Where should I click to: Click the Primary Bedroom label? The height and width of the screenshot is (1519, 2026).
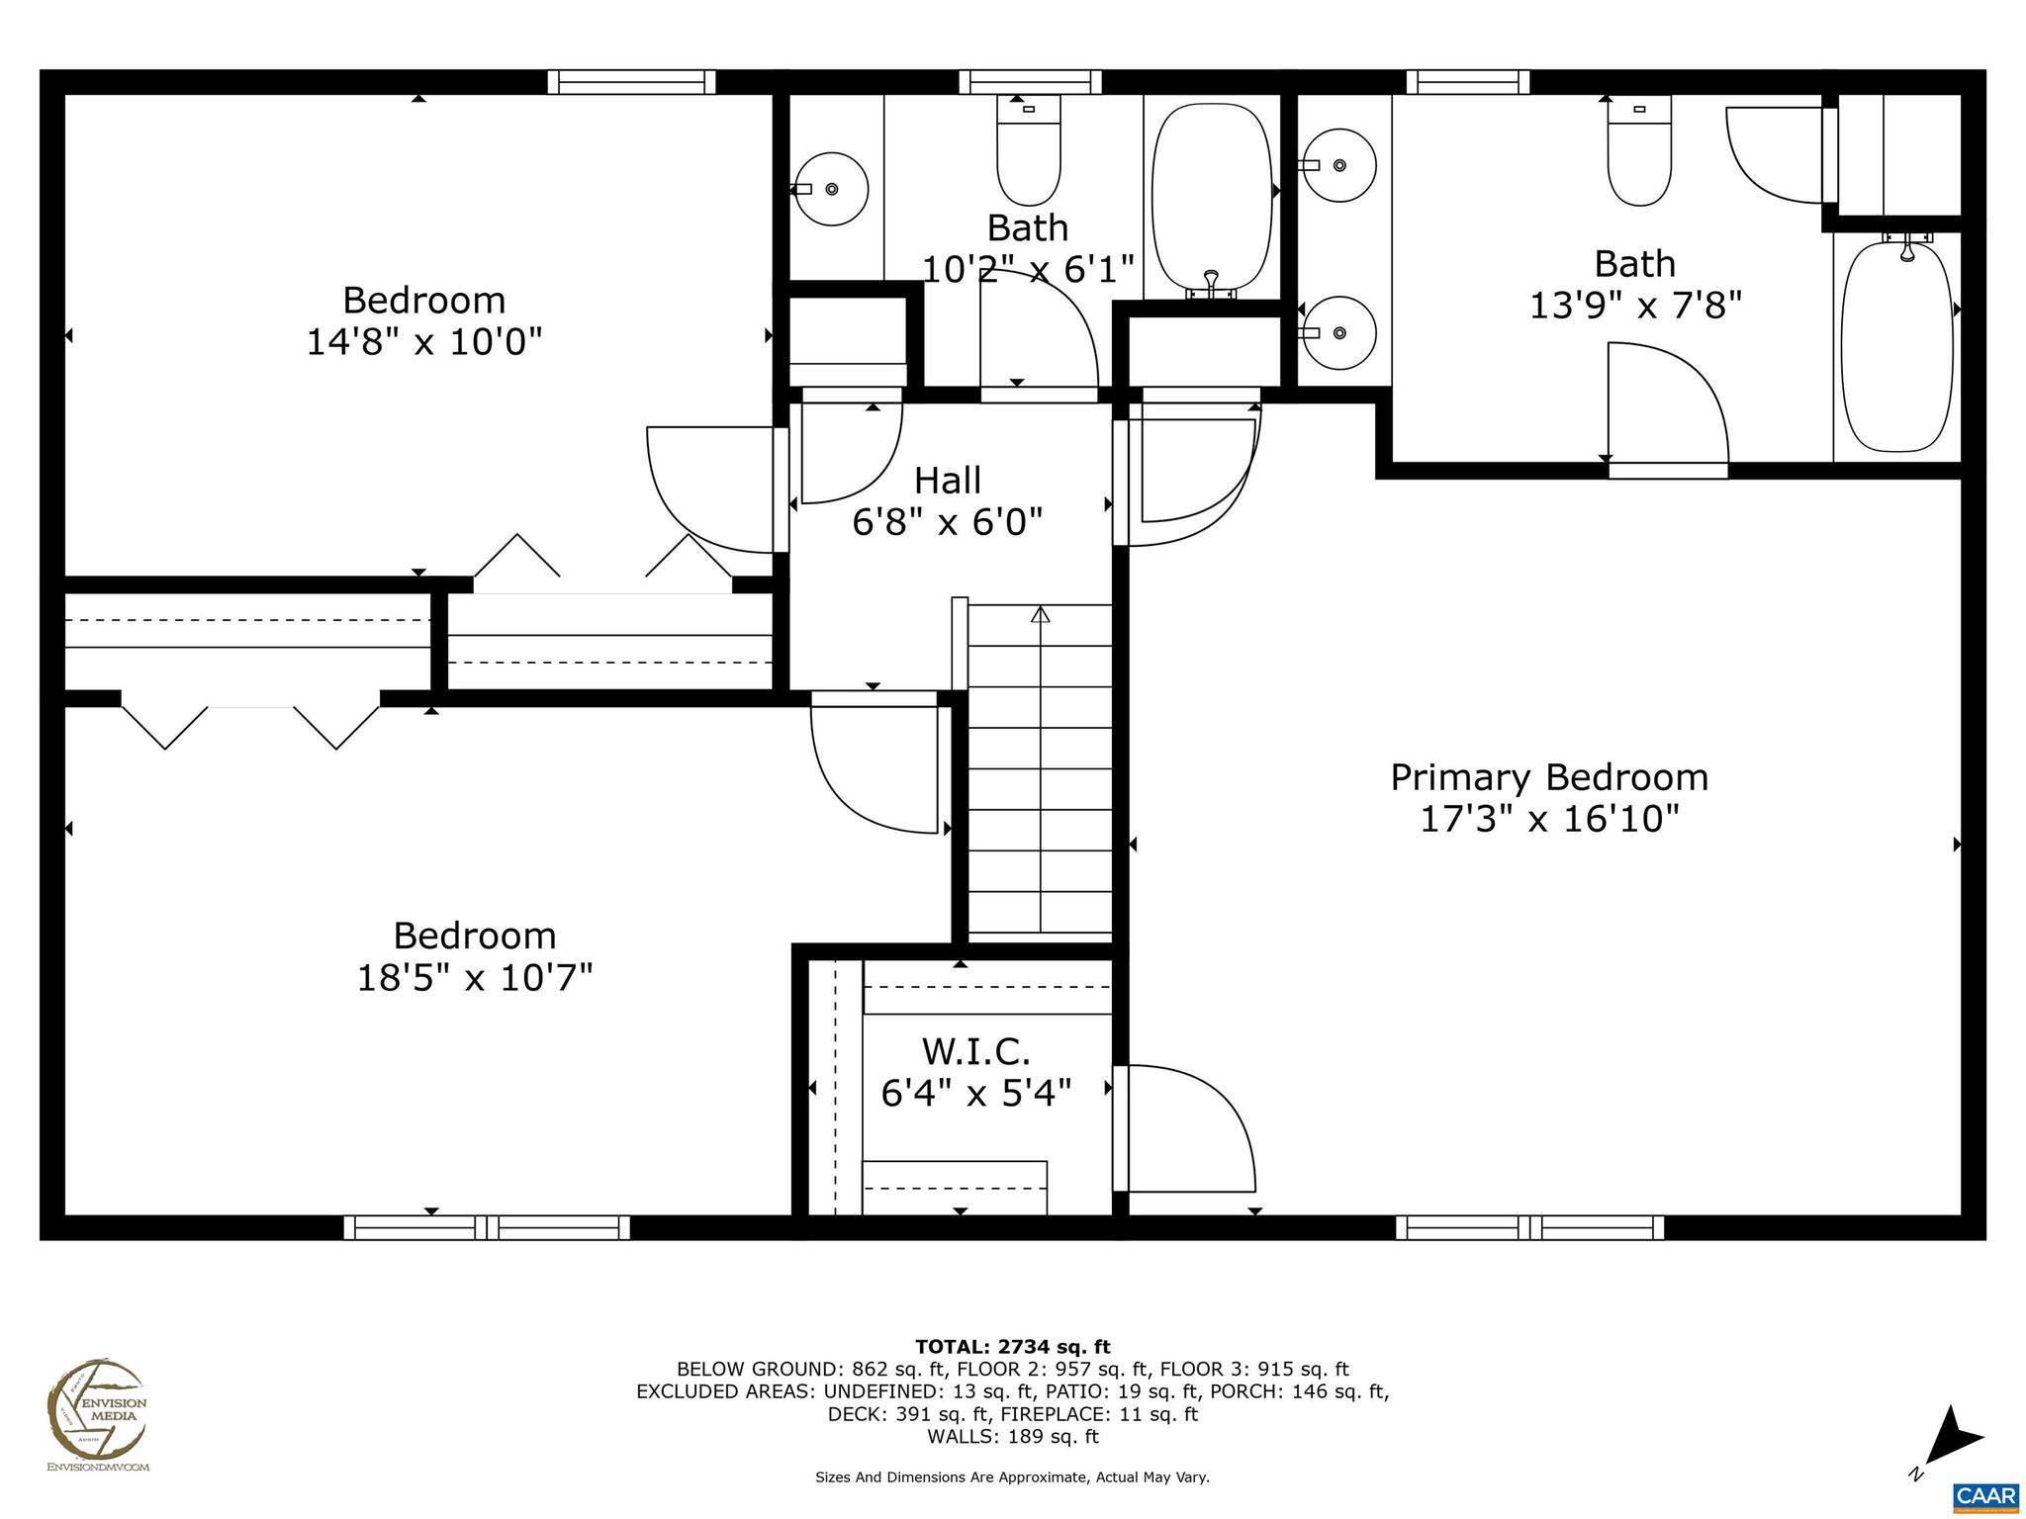pyautogui.click(x=1549, y=777)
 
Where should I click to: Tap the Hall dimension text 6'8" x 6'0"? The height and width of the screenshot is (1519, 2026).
pyautogui.click(x=948, y=522)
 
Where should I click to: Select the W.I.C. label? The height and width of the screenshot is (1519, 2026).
pyautogui.click(x=976, y=1050)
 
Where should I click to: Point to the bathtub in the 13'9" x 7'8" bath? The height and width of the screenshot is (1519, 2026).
pyautogui.click(x=1897, y=346)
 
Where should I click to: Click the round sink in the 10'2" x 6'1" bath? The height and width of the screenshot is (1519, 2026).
pyautogui.click(x=832, y=188)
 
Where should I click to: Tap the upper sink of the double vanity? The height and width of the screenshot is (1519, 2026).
pyautogui.click(x=1339, y=165)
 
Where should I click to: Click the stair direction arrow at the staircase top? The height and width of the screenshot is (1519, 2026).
pyautogui.click(x=1040, y=615)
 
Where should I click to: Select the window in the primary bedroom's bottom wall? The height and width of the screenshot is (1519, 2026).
pyautogui.click(x=1529, y=1227)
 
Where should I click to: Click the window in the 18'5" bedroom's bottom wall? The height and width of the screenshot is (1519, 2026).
pyautogui.click(x=487, y=1227)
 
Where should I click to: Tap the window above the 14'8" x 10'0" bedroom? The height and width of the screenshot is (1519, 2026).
pyautogui.click(x=631, y=81)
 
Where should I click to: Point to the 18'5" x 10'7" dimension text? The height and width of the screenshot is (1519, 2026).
pyautogui.click(x=475, y=978)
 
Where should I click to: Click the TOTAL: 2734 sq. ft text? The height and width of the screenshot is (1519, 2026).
pyautogui.click(x=1012, y=1347)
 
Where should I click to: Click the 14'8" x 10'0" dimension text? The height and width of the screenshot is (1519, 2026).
pyautogui.click(x=424, y=342)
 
